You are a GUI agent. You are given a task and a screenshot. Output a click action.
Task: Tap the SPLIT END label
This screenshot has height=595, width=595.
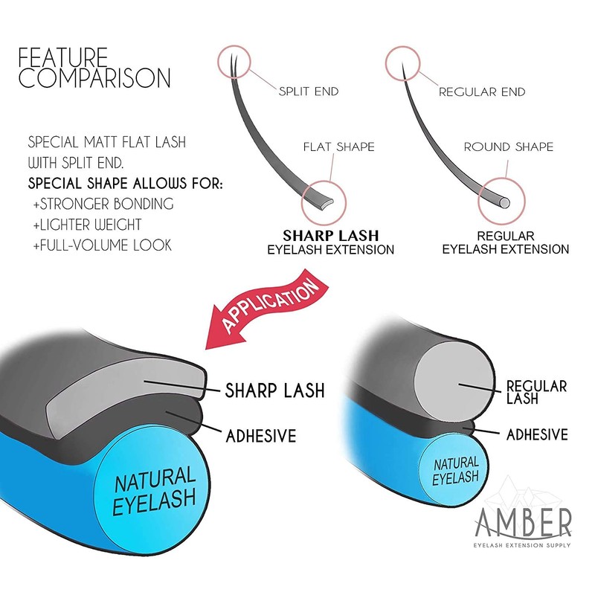tap(309, 91)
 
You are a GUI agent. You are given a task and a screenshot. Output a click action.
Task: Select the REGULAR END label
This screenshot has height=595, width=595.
tap(482, 91)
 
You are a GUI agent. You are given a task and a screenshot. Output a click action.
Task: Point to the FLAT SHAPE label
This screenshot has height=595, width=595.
tap(339, 147)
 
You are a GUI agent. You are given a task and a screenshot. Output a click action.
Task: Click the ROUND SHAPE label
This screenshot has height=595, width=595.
tap(509, 147)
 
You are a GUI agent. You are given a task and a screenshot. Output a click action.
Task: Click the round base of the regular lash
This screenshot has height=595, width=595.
tap(504, 203)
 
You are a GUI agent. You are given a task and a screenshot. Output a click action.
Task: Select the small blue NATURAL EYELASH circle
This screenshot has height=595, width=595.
tap(454, 472)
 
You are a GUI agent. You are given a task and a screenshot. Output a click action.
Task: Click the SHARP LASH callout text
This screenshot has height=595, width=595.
tap(275, 390)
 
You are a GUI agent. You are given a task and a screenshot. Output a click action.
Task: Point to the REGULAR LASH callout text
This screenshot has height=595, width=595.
tap(536, 392)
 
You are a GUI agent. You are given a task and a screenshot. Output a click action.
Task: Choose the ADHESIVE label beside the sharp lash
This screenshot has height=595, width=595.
tap(261, 436)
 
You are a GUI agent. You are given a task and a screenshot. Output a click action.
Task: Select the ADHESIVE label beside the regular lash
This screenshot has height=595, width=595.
tap(537, 434)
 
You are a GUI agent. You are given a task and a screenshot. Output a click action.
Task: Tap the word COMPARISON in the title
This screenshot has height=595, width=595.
tap(95, 78)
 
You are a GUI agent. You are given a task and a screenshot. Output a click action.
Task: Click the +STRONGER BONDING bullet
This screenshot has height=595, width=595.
tap(103, 204)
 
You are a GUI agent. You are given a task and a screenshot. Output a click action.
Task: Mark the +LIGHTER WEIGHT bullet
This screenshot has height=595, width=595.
tap(87, 225)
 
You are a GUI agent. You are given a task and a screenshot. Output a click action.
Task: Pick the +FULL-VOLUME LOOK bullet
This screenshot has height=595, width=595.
tap(103, 245)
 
